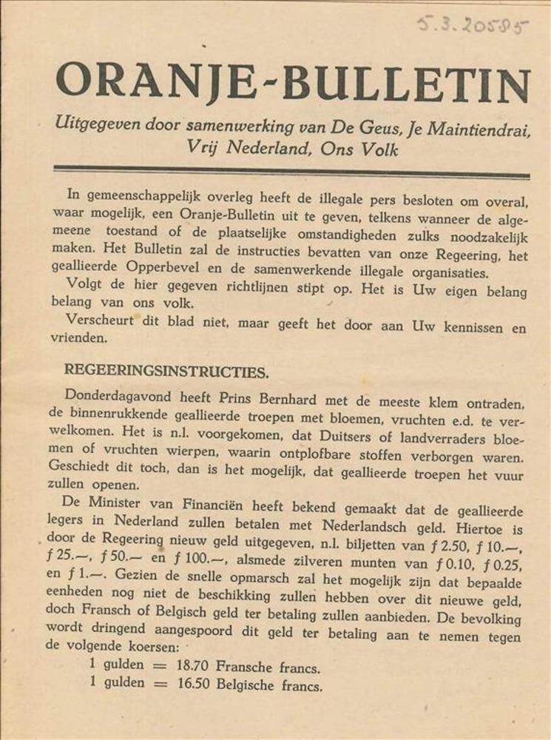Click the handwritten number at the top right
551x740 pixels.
point(473,27)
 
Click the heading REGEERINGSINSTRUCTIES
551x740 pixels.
point(166,370)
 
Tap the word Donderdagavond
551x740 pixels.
point(112,397)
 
